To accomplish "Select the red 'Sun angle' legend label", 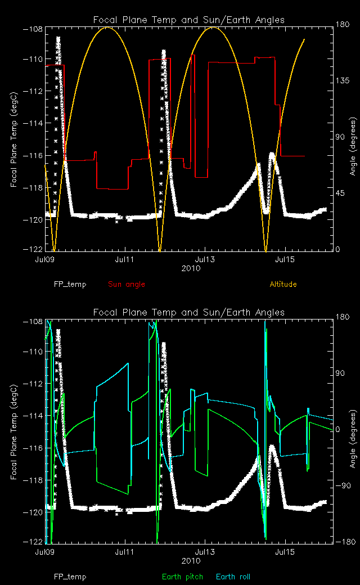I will pyautogui.click(x=126, y=284).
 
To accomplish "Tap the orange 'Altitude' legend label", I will pyautogui.click(x=283, y=284).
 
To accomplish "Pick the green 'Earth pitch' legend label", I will pyautogui.click(x=183, y=577).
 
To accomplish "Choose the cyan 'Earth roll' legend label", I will pyautogui.click(x=233, y=577).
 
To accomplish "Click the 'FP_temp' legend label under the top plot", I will pyautogui.click(x=70, y=284).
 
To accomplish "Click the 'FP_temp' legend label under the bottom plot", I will pyautogui.click(x=70, y=577).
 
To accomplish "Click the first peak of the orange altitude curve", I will pyautogui.click(x=107, y=27).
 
